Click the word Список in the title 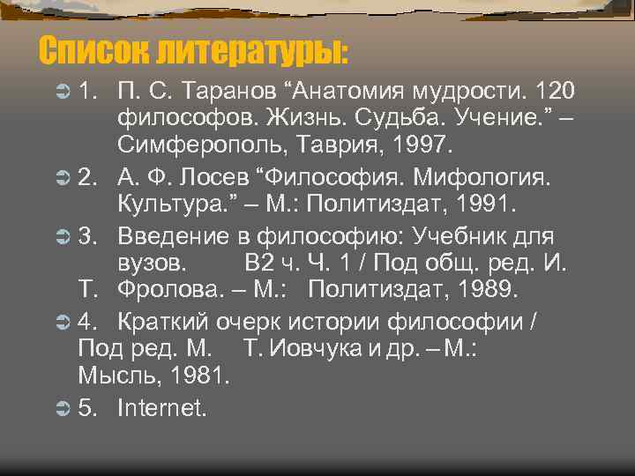point(93,50)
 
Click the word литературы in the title point(251,51)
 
